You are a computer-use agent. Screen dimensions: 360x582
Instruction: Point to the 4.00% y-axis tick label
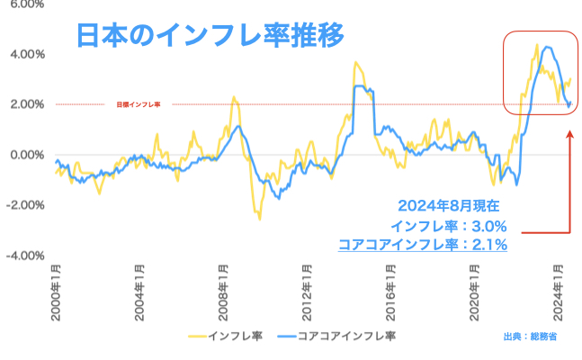(x=25, y=54)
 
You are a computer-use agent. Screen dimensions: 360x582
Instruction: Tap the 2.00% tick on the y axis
(x=25, y=104)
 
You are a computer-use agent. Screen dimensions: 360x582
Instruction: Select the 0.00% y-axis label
(x=25, y=155)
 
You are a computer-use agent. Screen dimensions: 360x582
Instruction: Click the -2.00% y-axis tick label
(x=23, y=205)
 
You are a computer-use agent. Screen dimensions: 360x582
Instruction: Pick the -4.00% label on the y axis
(x=23, y=256)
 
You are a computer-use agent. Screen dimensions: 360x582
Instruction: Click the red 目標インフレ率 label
(x=139, y=105)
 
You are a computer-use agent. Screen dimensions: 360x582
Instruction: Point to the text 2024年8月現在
(x=442, y=206)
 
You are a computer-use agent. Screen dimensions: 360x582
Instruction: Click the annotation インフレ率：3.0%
(x=450, y=225)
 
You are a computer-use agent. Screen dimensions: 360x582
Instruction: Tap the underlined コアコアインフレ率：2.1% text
(x=423, y=244)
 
